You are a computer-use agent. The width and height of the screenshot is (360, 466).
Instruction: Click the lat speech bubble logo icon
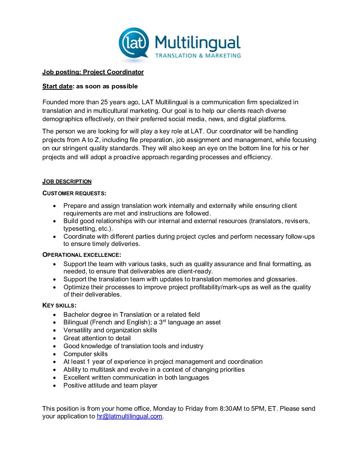(x=134, y=43)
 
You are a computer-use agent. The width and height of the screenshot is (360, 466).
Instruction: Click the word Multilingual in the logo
(x=198, y=43)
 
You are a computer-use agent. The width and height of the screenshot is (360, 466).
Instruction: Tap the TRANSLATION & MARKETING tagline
(x=198, y=56)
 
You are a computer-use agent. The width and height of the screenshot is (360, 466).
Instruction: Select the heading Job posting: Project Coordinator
(x=93, y=72)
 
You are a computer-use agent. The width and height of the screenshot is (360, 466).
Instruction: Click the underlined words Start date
(x=57, y=86)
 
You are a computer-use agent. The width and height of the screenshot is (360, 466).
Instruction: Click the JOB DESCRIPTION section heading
(x=67, y=181)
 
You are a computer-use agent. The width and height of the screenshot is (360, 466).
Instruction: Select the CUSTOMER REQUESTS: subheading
(x=74, y=193)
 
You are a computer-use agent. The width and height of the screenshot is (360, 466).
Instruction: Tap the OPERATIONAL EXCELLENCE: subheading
(x=82, y=255)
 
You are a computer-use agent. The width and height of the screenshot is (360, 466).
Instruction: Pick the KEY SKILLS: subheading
(x=59, y=305)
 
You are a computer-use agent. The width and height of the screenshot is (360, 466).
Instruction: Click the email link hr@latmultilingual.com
(x=129, y=416)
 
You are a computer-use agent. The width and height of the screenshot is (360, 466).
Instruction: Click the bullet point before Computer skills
(x=55, y=354)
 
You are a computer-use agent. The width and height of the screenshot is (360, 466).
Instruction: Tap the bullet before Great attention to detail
(x=55, y=338)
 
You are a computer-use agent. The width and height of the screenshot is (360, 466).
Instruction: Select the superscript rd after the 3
(x=164, y=321)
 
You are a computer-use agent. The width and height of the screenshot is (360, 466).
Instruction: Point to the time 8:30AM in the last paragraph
(x=231, y=409)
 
